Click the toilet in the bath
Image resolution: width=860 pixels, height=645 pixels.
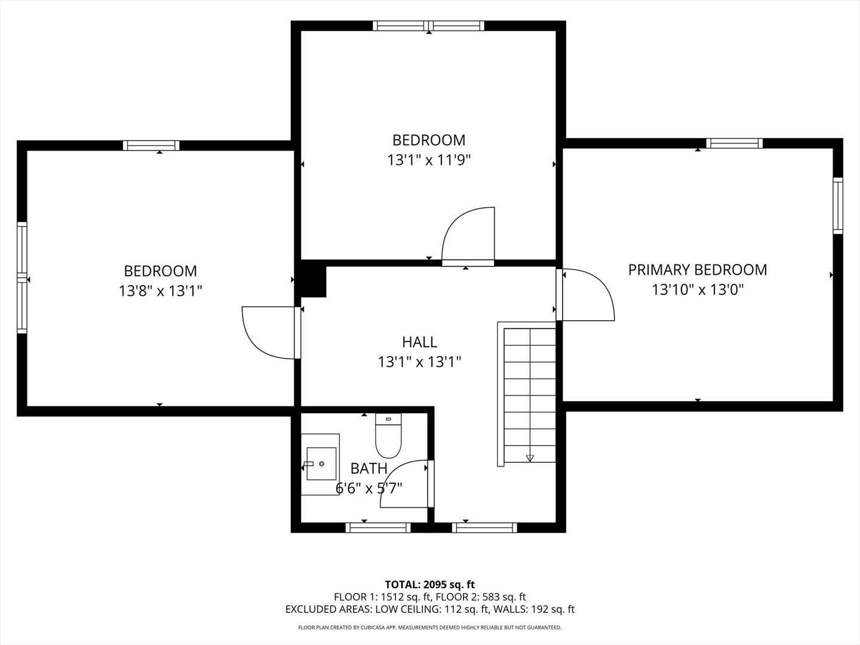point(388,437)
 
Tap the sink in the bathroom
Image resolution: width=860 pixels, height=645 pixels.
point(321,463)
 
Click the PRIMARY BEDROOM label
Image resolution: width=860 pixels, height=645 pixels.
point(697,270)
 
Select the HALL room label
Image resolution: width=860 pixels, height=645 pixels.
point(419,342)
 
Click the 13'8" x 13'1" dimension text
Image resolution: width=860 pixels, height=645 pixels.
point(160,291)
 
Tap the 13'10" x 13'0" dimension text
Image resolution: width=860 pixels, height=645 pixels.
point(697,290)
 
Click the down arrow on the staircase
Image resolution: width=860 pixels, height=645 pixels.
point(530,458)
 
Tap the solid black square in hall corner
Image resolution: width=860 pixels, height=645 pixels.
point(314,281)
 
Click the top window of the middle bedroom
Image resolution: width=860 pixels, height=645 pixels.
point(429,26)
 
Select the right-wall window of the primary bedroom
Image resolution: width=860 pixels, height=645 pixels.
point(838,205)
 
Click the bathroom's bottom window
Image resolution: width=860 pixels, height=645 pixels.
point(378,527)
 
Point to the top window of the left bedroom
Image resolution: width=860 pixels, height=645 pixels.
point(151,145)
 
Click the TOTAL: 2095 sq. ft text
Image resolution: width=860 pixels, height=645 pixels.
point(429,584)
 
